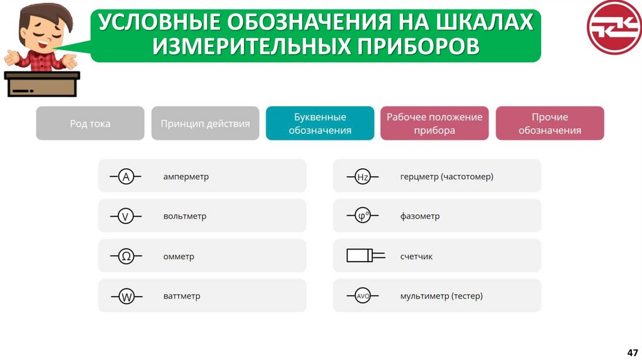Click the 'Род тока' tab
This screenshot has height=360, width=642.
[90, 124]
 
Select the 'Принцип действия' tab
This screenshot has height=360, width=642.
[205, 124]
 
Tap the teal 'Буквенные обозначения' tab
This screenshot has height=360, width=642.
[320, 124]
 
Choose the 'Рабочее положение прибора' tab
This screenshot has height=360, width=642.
[434, 124]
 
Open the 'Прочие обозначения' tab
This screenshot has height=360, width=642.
[550, 124]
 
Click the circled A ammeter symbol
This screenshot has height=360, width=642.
[126, 177]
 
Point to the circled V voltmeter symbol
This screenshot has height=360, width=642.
[126, 217]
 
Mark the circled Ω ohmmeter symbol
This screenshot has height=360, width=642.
[126, 257]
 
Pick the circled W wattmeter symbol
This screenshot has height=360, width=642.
[127, 297]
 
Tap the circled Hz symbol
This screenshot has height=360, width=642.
[362, 177]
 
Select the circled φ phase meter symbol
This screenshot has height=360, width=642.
[362, 216]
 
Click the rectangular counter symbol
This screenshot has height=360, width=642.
[360, 256]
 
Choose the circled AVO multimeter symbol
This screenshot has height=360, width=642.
[362, 296]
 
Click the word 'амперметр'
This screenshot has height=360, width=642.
[186, 177]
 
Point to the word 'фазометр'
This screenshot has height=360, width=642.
[419, 216]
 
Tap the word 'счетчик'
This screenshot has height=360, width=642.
[416, 257]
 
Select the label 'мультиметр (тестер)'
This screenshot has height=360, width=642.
[441, 296]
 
